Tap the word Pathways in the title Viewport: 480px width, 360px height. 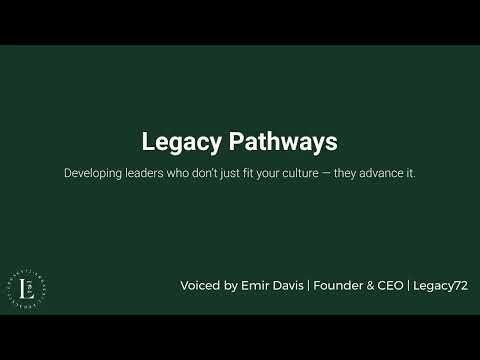point(279,143)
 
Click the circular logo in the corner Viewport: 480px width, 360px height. point(30,285)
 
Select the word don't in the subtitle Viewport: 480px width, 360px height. point(200,173)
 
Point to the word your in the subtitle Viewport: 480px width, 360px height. point(269,173)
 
